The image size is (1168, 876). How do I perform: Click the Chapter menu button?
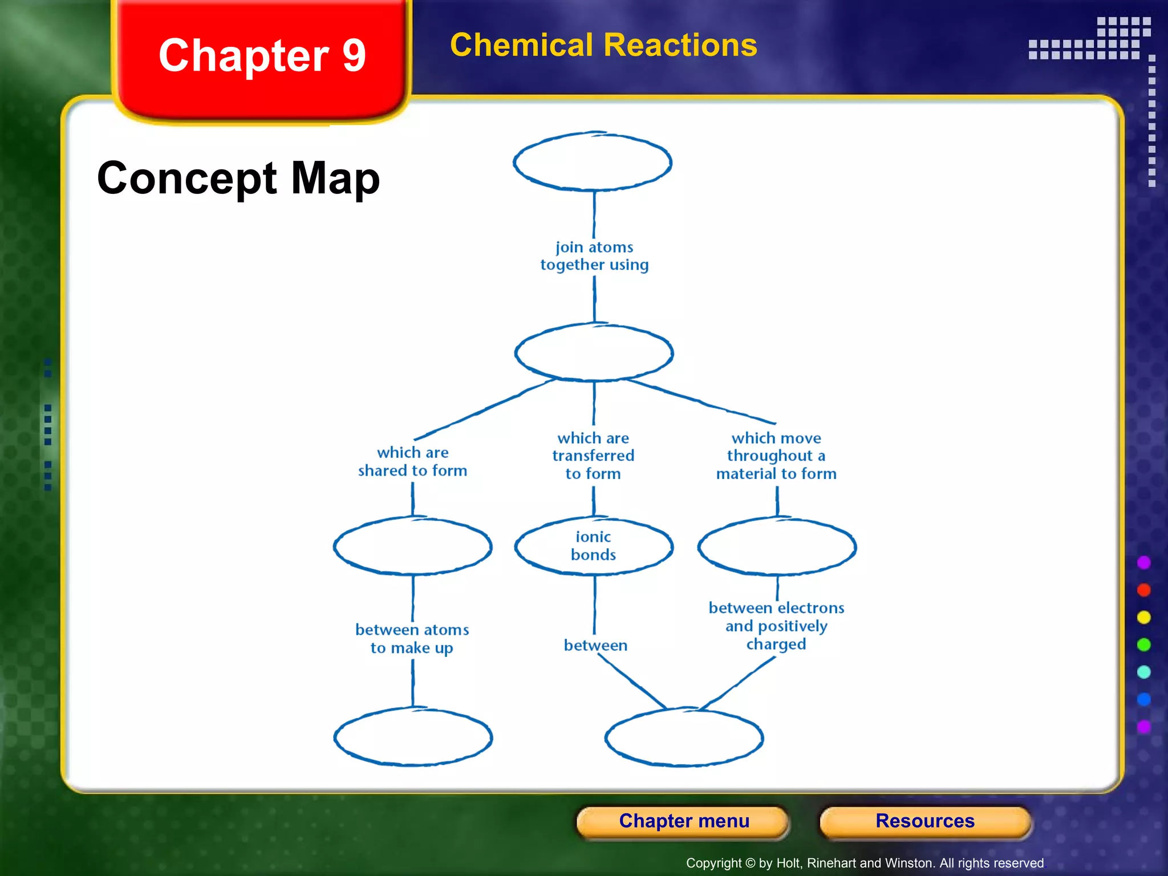[x=683, y=821]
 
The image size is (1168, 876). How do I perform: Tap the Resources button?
[x=924, y=821]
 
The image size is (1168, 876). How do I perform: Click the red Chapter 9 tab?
[x=262, y=57]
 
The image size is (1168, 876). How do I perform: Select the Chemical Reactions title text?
[x=603, y=45]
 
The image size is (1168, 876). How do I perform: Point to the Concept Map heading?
[x=238, y=178]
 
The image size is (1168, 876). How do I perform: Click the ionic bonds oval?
[x=594, y=546]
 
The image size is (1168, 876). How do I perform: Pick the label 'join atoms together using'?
[x=594, y=255]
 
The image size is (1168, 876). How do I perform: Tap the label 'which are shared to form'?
[x=412, y=461]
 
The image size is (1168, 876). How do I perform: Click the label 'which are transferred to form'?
[x=593, y=456]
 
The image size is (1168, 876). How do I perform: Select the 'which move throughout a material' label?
[x=776, y=456]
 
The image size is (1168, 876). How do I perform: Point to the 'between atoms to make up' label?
[x=412, y=639]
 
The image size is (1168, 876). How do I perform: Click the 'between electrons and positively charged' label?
[x=776, y=626]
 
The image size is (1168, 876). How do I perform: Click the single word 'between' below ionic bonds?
[x=595, y=645]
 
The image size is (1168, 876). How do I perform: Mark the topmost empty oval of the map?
[x=593, y=162]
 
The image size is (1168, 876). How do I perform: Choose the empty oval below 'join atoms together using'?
[x=594, y=352]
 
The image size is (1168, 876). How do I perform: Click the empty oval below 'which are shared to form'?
[x=412, y=546]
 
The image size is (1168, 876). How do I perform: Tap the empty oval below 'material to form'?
[x=777, y=546]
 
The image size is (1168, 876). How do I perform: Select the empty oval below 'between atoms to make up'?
[x=413, y=737]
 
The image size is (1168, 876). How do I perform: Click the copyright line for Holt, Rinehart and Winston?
[x=865, y=863]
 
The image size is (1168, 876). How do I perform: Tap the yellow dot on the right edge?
[x=1143, y=618]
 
